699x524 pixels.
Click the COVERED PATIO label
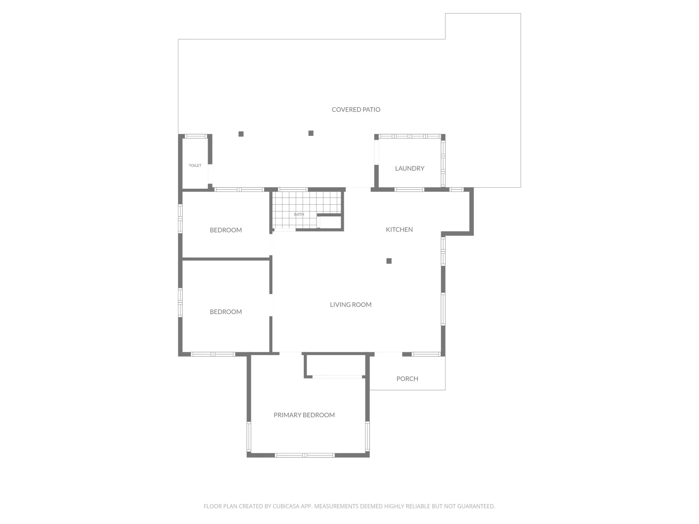click(356, 110)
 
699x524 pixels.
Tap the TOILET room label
click(195, 165)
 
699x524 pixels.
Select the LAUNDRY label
click(409, 168)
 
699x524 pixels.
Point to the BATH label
click(299, 214)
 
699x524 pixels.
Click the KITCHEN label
click(399, 229)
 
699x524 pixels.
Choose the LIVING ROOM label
click(350, 305)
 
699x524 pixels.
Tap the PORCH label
click(407, 379)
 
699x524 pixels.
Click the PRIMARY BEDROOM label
click(304, 415)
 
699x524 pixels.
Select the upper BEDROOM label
click(226, 230)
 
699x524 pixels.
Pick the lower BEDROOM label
click(226, 312)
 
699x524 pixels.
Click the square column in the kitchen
click(389, 261)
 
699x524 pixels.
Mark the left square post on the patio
click(241, 134)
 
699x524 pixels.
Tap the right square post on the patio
click(311, 133)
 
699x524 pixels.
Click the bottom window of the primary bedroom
click(305, 455)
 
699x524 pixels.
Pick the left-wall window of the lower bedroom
click(181, 302)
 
